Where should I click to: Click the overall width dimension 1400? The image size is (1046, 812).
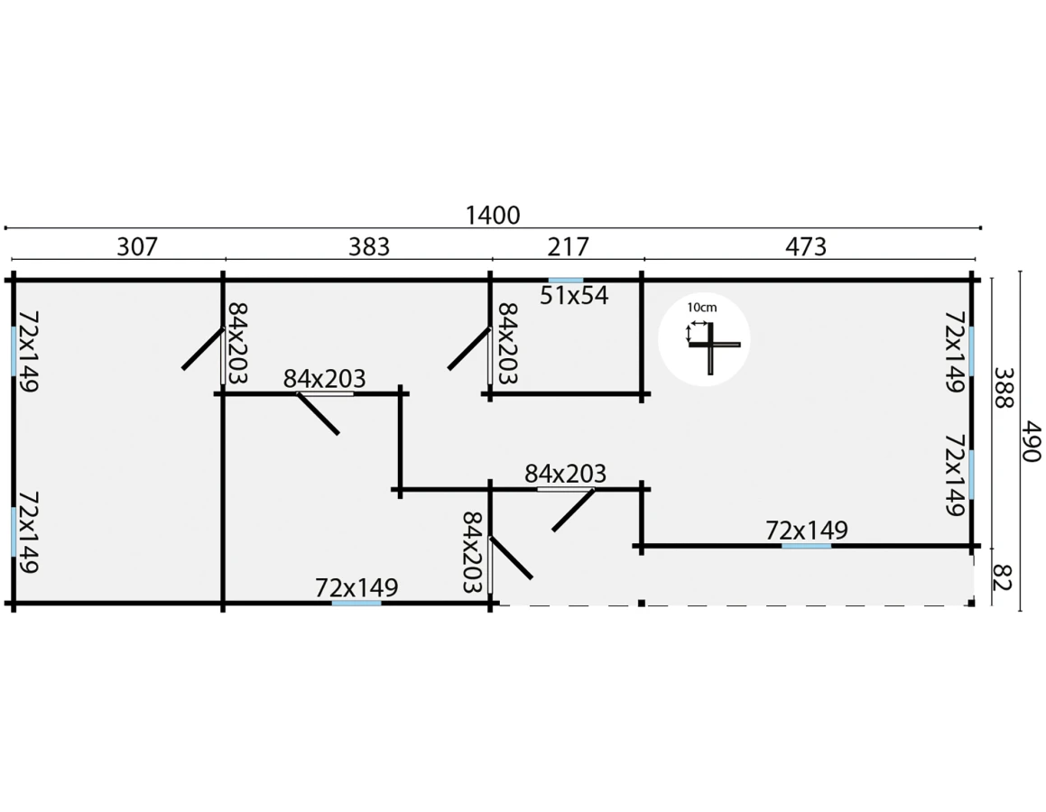point(492,216)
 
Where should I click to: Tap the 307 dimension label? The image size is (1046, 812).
point(137,246)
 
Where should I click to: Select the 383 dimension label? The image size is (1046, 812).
point(369,246)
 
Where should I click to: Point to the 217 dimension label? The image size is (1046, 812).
point(569,246)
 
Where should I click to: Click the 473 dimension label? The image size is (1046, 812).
point(806,246)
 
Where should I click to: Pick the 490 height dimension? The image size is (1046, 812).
point(1032,440)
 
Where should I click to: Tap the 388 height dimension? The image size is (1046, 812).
point(1004,387)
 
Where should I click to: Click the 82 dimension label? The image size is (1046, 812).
point(1003,577)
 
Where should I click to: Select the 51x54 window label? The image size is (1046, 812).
point(574,295)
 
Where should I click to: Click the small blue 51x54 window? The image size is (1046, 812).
point(566,281)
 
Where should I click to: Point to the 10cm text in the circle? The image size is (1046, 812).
point(702,308)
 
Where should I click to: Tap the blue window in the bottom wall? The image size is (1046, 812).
point(356,604)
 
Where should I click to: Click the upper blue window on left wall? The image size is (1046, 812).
point(14,351)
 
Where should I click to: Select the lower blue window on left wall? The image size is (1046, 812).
point(14,531)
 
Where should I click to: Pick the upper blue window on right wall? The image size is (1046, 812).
point(971,351)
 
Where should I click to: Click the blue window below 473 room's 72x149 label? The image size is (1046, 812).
point(807,546)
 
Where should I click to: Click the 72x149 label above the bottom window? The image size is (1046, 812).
point(356,587)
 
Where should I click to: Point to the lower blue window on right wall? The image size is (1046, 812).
point(971,475)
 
